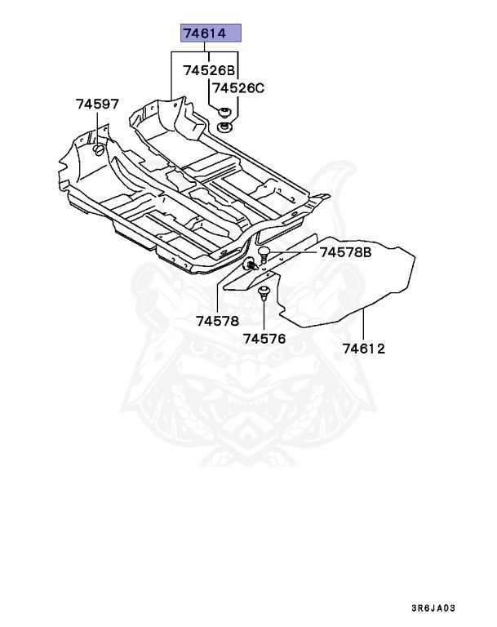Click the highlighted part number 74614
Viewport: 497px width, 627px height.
pyautogui.click(x=211, y=33)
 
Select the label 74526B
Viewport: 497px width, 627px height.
pyautogui.click(x=209, y=70)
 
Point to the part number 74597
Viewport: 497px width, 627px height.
pyautogui.click(x=97, y=104)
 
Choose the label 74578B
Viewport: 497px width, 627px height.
pyautogui.click(x=345, y=252)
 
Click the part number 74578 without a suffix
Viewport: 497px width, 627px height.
pyautogui.click(x=218, y=320)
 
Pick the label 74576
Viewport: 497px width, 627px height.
pyautogui.click(x=264, y=337)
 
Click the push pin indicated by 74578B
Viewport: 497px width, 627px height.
pyautogui.click(x=264, y=251)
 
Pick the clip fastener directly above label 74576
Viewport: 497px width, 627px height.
pyautogui.click(x=264, y=292)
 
